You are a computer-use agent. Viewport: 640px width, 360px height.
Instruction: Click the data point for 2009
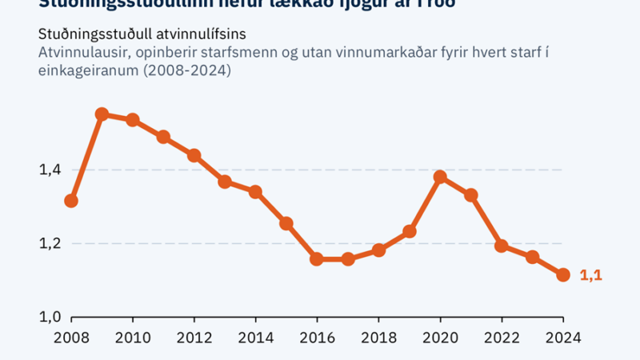pyautogui.click(x=102, y=114)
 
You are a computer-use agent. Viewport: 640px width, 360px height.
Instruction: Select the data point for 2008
pyautogui.click(x=71, y=201)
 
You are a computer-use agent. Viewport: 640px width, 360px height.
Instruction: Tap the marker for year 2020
pyautogui.click(x=440, y=177)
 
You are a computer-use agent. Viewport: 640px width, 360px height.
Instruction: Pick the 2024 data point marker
pyautogui.click(x=563, y=275)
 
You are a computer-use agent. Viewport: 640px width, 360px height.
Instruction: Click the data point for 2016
pyautogui.click(x=317, y=259)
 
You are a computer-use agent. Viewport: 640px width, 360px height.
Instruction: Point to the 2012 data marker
pyautogui.click(x=194, y=155)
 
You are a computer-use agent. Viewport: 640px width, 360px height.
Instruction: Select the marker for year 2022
pyautogui.click(x=502, y=246)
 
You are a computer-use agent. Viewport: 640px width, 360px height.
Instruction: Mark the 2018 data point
pyautogui.click(x=379, y=250)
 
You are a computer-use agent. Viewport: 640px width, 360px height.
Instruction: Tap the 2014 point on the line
pyautogui.click(x=255, y=192)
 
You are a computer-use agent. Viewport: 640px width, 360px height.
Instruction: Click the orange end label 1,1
pyautogui.click(x=590, y=275)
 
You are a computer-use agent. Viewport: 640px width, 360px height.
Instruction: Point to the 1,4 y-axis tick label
pyautogui.click(x=49, y=170)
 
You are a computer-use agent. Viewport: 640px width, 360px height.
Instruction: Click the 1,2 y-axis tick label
pyautogui.click(x=49, y=243)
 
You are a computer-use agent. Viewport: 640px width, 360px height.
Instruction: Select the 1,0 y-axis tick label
pyautogui.click(x=49, y=317)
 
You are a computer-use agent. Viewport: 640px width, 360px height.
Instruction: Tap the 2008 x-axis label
pyautogui.click(x=71, y=337)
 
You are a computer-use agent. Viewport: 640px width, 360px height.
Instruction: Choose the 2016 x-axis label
pyautogui.click(x=317, y=337)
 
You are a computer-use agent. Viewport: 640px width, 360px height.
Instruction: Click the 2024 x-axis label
pyautogui.click(x=563, y=337)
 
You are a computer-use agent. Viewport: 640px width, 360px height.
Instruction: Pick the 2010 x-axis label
pyautogui.click(x=133, y=337)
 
